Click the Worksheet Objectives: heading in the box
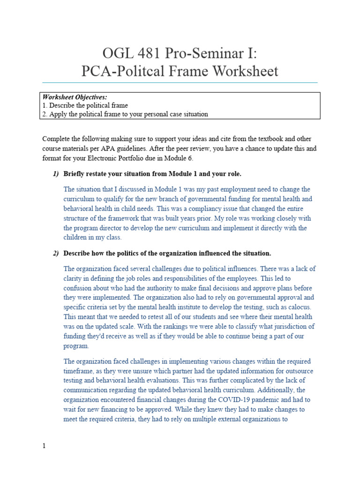click(x=75, y=97)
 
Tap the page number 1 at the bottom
click(x=44, y=446)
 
